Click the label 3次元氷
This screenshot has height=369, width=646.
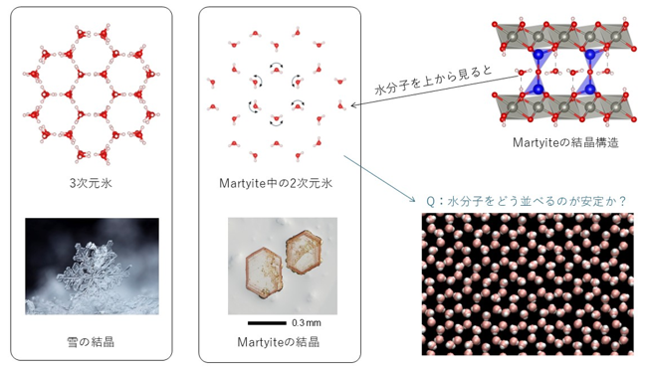click(x=91, y=183)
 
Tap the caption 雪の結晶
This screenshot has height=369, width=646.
click(x=91, y=341)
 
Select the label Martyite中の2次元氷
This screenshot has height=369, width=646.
click(x=276, y=183)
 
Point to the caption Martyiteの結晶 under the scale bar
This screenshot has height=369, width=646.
click(x=278, y=341)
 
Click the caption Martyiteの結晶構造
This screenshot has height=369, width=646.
click(x=565, y=142)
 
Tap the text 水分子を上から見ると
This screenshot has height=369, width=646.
click(x=433, y=80)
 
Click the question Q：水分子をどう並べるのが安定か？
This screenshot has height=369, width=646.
click(x=527, y=201)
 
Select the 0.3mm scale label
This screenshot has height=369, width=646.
click(x=307, y=323)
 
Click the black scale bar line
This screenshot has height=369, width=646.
click(x=267, y=323)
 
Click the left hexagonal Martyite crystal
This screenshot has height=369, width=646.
click(x=263, y=271)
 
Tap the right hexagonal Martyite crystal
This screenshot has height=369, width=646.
click(x=303, y=252)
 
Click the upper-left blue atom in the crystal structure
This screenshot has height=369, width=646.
click(x=538, y=54)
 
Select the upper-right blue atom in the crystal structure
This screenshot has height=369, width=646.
click(x=590, y=54)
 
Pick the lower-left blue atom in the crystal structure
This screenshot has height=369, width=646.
click(x=538, y=89)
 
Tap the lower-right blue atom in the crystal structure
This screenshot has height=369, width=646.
click(x=590, y=89)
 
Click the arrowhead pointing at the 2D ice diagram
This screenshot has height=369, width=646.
click(x=353, y=105)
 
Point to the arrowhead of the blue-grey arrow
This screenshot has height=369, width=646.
click(x=412, y=200)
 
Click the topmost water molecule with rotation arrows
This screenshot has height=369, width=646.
click(x=276, y=69)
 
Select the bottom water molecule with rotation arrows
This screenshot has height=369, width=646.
click(x=276, y=120)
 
